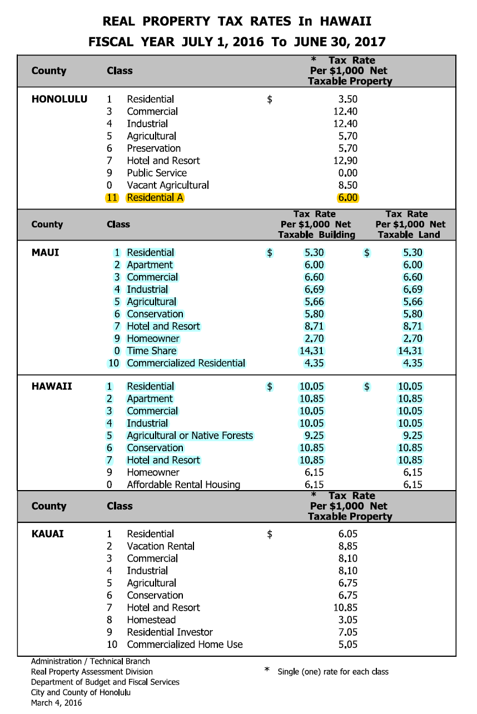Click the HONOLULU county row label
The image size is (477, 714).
(59, 99)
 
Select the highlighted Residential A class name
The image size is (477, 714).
(155, 197)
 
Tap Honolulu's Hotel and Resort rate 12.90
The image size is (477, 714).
(345, 161)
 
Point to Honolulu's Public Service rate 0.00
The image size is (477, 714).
(347, 173)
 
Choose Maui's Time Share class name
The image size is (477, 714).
(151, 351)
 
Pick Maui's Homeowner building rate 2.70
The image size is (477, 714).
(314, 338)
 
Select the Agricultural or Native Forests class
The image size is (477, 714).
(190, 436)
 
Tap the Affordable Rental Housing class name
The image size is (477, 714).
(183, 485)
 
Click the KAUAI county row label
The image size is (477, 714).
(48, 534)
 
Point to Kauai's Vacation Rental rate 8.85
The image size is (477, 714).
(347, 546)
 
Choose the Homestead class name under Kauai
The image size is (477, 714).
(151, 620)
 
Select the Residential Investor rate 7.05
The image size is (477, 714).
(347, 632)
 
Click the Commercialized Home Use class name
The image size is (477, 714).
(185, 645)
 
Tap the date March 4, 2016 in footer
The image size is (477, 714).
(57, 702)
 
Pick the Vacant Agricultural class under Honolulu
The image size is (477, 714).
(168, 185)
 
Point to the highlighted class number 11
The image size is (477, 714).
(112, 197)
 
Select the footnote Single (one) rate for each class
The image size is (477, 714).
(333, 672)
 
